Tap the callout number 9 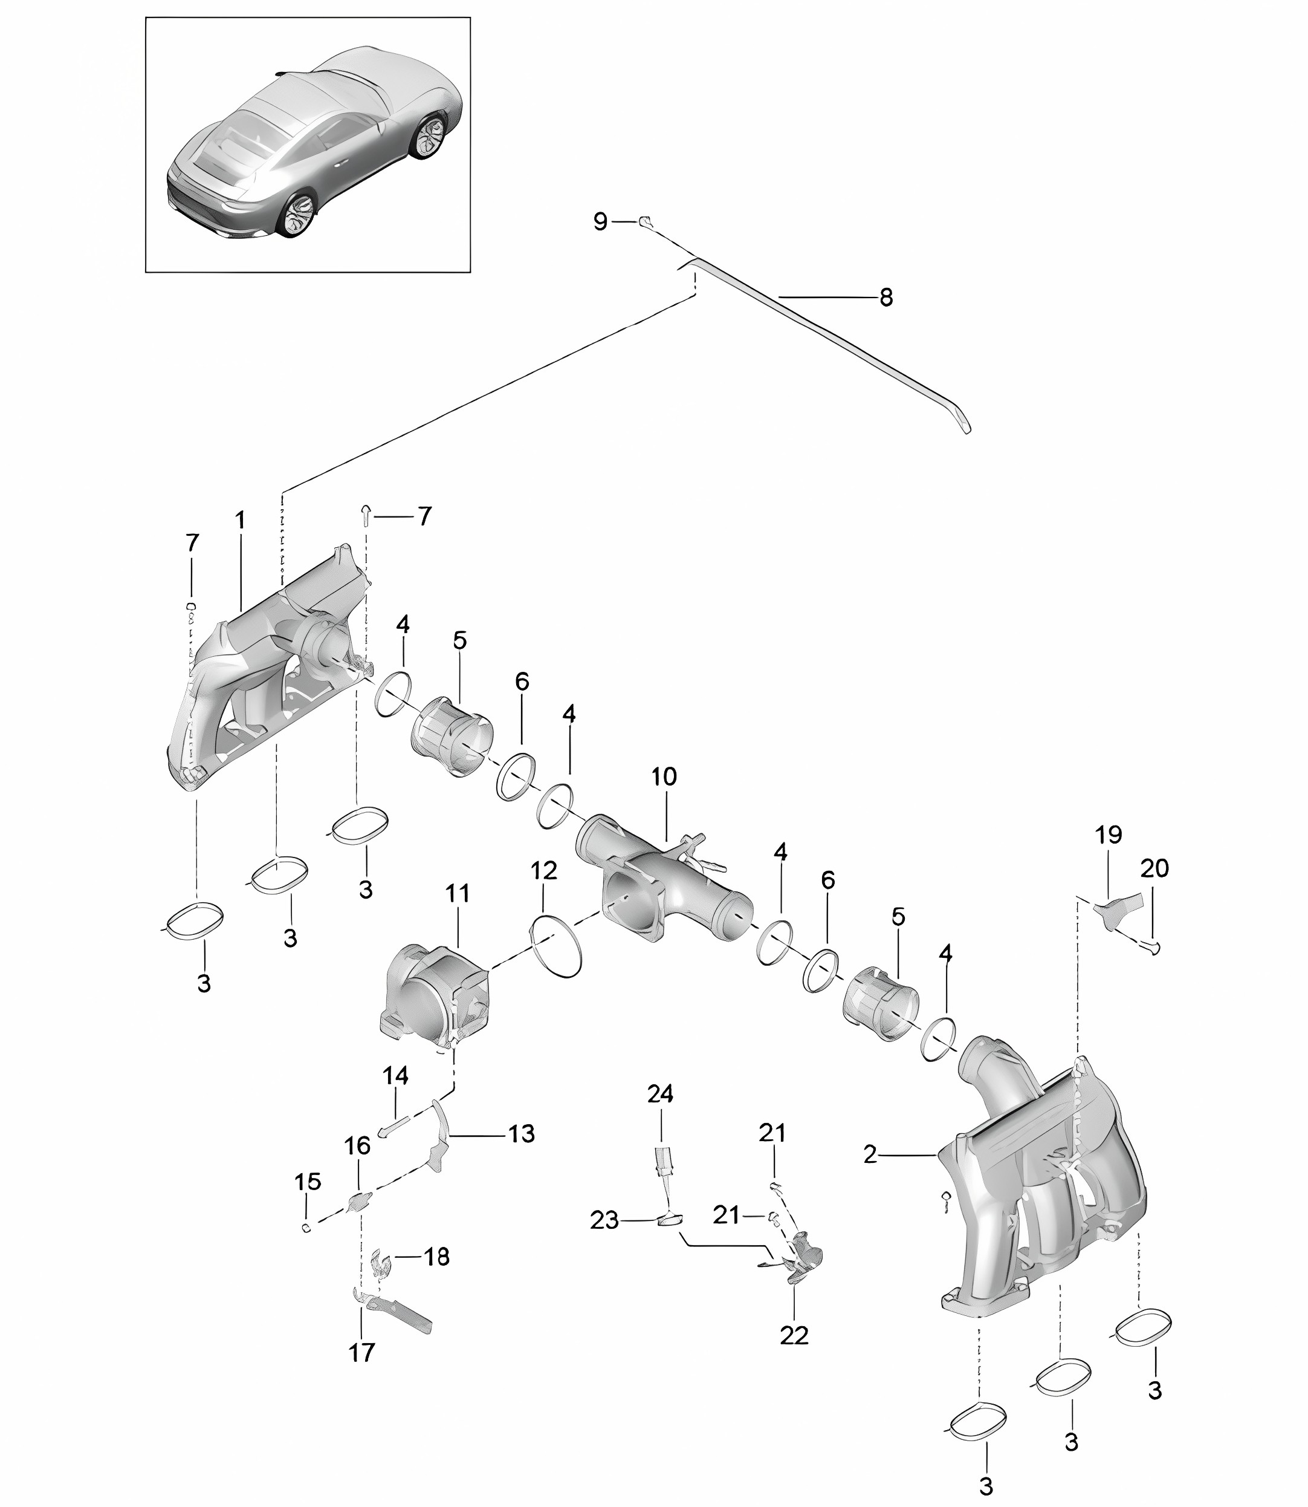click(600, 221)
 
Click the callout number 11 click(458, 893)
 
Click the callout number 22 click(794, 1335)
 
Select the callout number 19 click(1108, 835)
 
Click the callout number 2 click(869, 1154)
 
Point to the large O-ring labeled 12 click(556, 946)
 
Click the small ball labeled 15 click(306, 1228)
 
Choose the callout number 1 click(239, 521)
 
